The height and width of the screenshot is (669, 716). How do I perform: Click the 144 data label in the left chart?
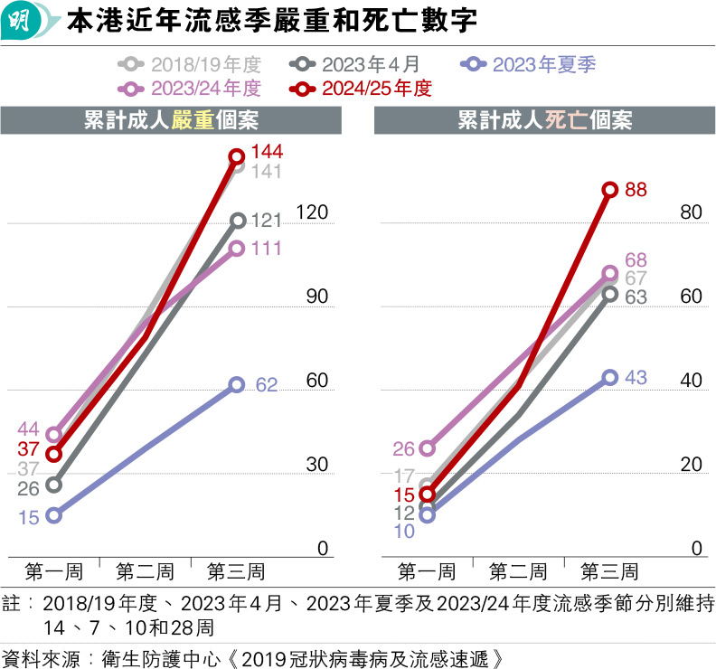click(268, 151)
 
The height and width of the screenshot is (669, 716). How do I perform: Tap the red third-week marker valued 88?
click(609, 190)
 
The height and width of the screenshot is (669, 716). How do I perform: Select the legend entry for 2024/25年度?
click(359, 89)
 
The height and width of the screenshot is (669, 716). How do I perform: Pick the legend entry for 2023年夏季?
click(528, 65)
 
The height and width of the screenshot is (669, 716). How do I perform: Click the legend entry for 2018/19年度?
click(190, 65)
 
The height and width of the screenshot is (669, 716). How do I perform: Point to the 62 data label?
click(267, 384)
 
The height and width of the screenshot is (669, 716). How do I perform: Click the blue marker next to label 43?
click(609, 377)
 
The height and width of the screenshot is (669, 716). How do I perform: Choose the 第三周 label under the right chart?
click(609, 572)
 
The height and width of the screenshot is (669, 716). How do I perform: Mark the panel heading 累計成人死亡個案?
click(544, 121)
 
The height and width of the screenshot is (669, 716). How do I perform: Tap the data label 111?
click(268, 249)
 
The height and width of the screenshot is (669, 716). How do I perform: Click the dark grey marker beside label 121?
click(237, 220)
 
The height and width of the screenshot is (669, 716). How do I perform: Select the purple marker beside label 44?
click(53, 435)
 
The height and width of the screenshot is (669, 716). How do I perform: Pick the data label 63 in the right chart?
click(636, 297)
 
